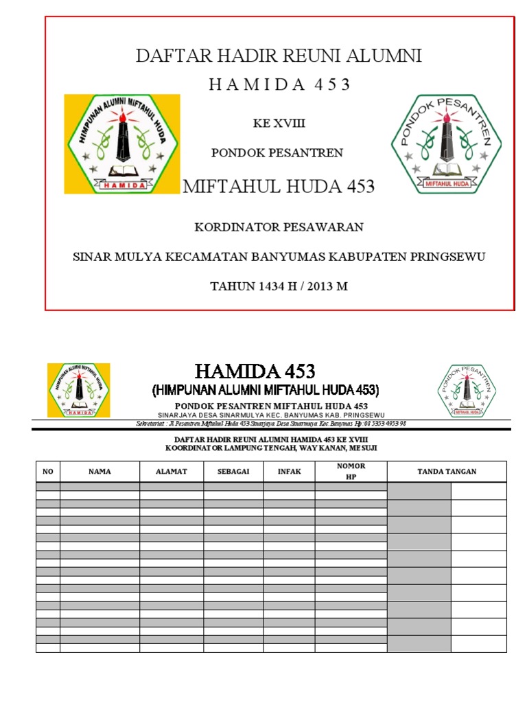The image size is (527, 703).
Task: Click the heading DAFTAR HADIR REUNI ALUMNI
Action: click(x=279, y=56)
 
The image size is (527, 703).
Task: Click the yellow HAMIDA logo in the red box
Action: click(x=121, y=143)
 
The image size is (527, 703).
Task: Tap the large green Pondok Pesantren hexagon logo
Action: click(x=446, y=143)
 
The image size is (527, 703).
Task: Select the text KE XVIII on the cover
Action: click(x=279, y=124)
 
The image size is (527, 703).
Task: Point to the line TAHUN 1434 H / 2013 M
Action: click(x=279, y=286)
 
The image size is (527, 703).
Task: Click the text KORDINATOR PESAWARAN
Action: click(x=279, y=227)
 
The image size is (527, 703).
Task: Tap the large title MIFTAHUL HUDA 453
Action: click(x=279, y=186)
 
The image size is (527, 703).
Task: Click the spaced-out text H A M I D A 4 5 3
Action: click(x=279, y=84)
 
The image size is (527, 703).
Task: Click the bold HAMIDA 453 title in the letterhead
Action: click(x=255, y=371)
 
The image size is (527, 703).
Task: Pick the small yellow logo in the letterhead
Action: click(x=78, y=389)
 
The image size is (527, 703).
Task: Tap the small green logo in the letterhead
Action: click(x=467, y=390)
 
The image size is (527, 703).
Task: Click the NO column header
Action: click(x=48, y=472)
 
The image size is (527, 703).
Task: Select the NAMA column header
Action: click(x=99, y=472)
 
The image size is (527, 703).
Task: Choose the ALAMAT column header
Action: click(x=172, y=472)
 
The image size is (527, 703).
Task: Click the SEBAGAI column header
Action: click(x=233, y=472)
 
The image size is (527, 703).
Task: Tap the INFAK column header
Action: click(x=289, y=472)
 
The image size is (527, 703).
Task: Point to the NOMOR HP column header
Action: click(x=351, y=471)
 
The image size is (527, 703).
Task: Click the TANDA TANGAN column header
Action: click(x=447, y=472)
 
